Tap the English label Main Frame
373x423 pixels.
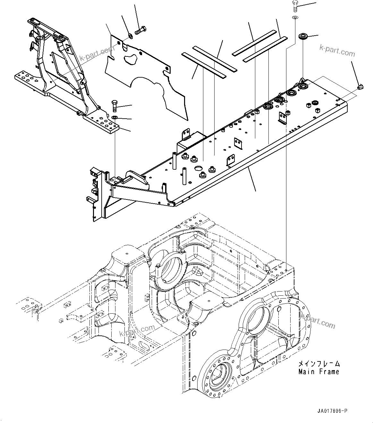[318, 372]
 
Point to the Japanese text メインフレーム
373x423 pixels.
[318, 364]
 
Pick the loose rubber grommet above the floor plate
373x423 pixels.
[302, 36]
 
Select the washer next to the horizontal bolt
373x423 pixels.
[130, 35]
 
